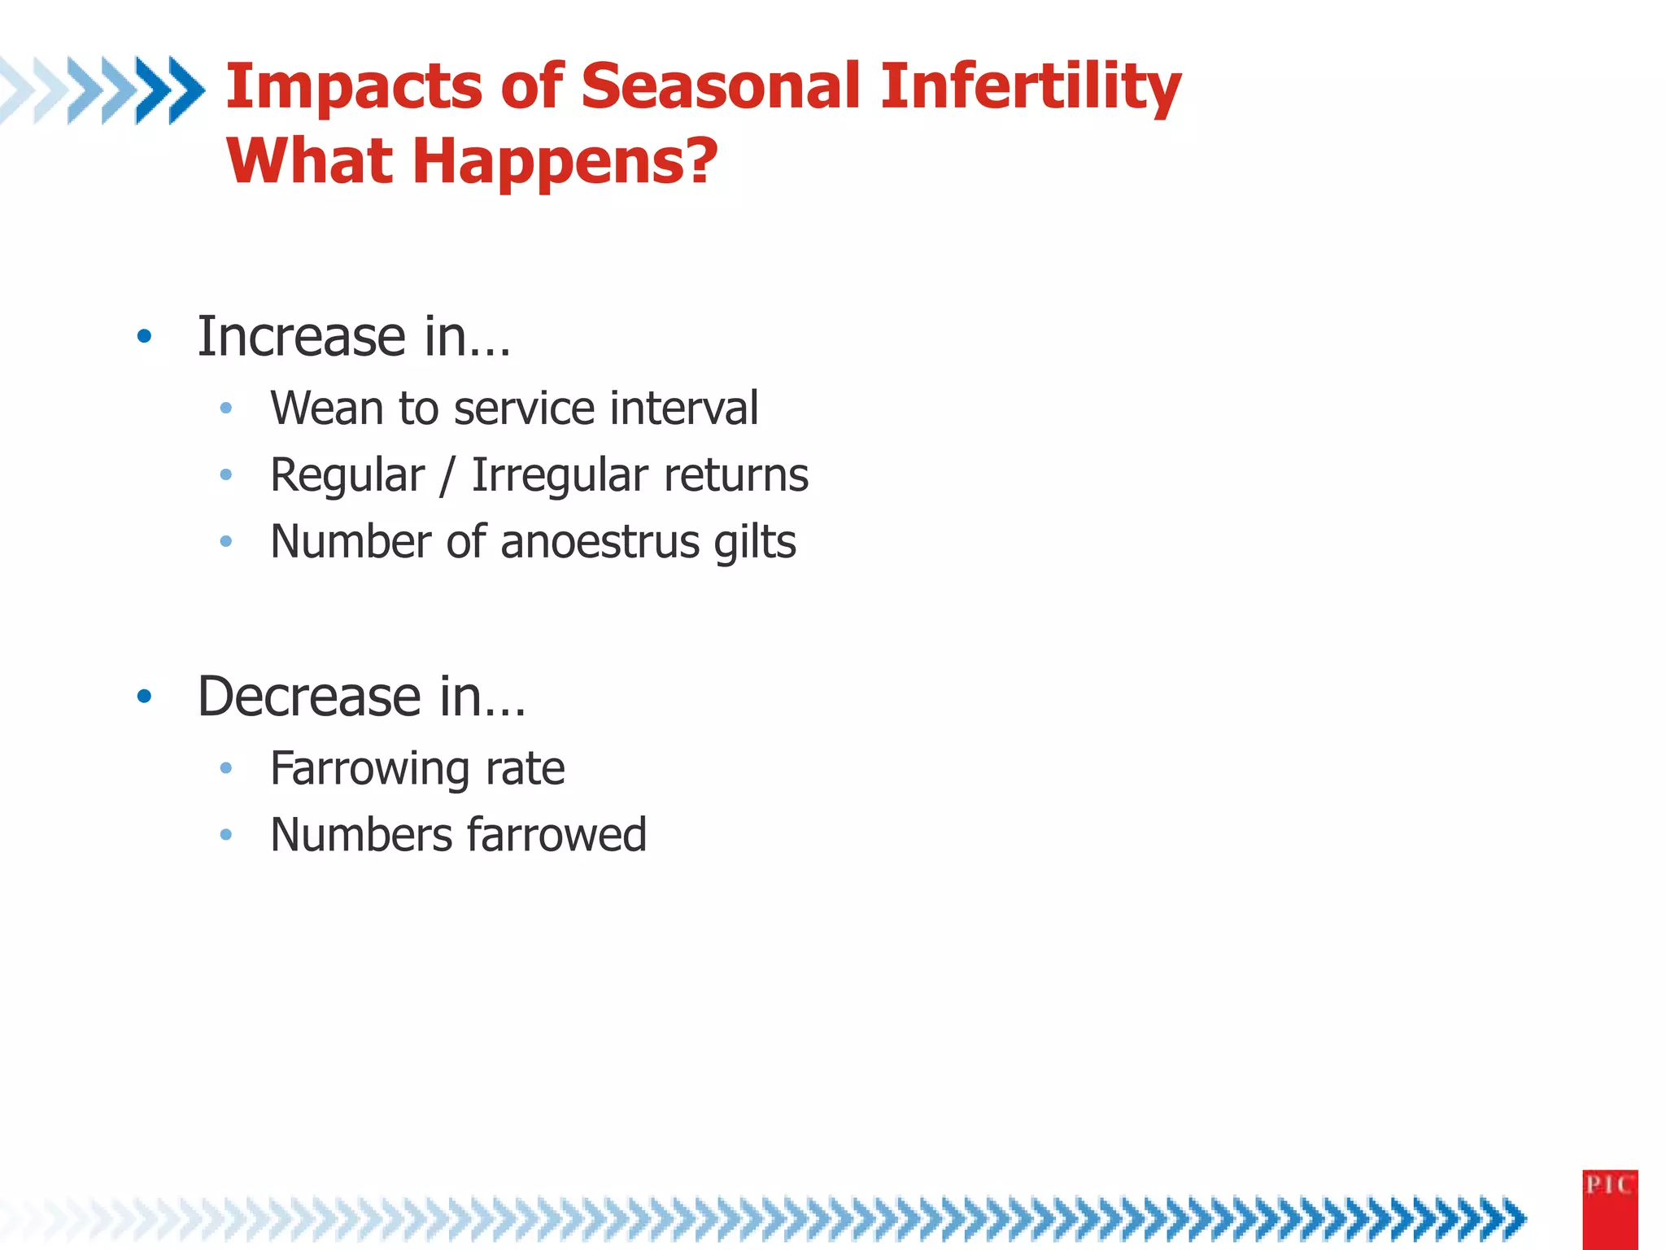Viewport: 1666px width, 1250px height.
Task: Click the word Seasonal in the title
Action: (720, 86)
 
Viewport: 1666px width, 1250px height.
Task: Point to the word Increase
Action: (302, 336)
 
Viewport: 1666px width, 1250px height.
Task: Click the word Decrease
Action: (309, 697)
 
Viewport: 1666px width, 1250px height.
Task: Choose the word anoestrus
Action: (600, 542)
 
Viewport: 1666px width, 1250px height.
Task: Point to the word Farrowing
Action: (370, 769)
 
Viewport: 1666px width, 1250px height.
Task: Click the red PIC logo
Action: (1609, 1208)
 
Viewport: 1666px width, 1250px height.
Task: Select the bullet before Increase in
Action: (145, 336)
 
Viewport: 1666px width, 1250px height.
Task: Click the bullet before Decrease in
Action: (145, 697)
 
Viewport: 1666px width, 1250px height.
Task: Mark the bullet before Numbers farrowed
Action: (226, 835)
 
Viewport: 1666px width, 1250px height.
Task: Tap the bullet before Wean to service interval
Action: (226, 408)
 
